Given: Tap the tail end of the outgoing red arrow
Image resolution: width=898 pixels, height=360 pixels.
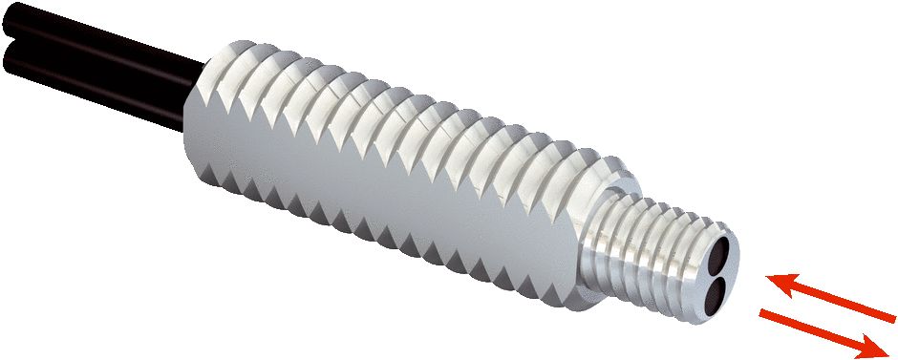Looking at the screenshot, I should click(764, 313).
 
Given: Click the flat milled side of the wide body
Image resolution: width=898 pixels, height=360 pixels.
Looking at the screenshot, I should click(382, 191).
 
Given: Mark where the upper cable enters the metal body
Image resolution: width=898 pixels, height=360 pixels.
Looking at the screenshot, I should click(203, 67).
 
